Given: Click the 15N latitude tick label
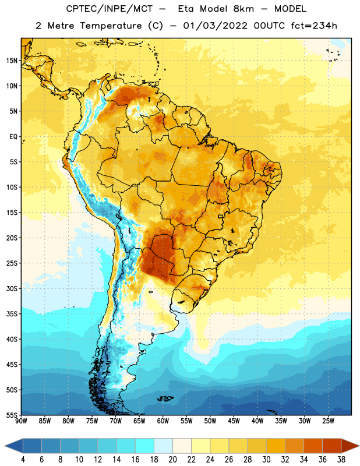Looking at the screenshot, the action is tap(12, 61).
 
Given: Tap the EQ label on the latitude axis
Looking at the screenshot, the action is tap(13, 137).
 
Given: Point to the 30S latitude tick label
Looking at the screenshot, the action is tap(12, 288).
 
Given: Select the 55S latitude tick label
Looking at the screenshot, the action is tap(12, 415).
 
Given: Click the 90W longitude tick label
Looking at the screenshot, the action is tap(21, 421).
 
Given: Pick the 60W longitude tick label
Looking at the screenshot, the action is tap(163, 421).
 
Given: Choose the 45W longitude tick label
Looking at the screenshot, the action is tap(234, 421).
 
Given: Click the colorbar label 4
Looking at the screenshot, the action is tap(23, 460).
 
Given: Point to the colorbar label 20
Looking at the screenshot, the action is tap(172, 460).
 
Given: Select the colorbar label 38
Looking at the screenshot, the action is tap(341, 460).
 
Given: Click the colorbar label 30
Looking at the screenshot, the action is tap(266, 460).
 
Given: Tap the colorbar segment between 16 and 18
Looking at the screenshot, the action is tap(145, 446).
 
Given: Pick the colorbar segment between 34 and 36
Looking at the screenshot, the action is tap(313, 446).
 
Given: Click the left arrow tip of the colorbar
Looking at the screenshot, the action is tap(5, 446).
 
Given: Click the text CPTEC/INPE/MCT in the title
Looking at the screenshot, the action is tap(110, 9).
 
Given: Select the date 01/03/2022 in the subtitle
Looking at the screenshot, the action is tap(215, 26).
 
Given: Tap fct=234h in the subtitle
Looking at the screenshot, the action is tap(314, 26).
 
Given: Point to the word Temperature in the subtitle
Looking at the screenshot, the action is tap(111, 26).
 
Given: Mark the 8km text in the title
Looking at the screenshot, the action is tap(243, 9).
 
